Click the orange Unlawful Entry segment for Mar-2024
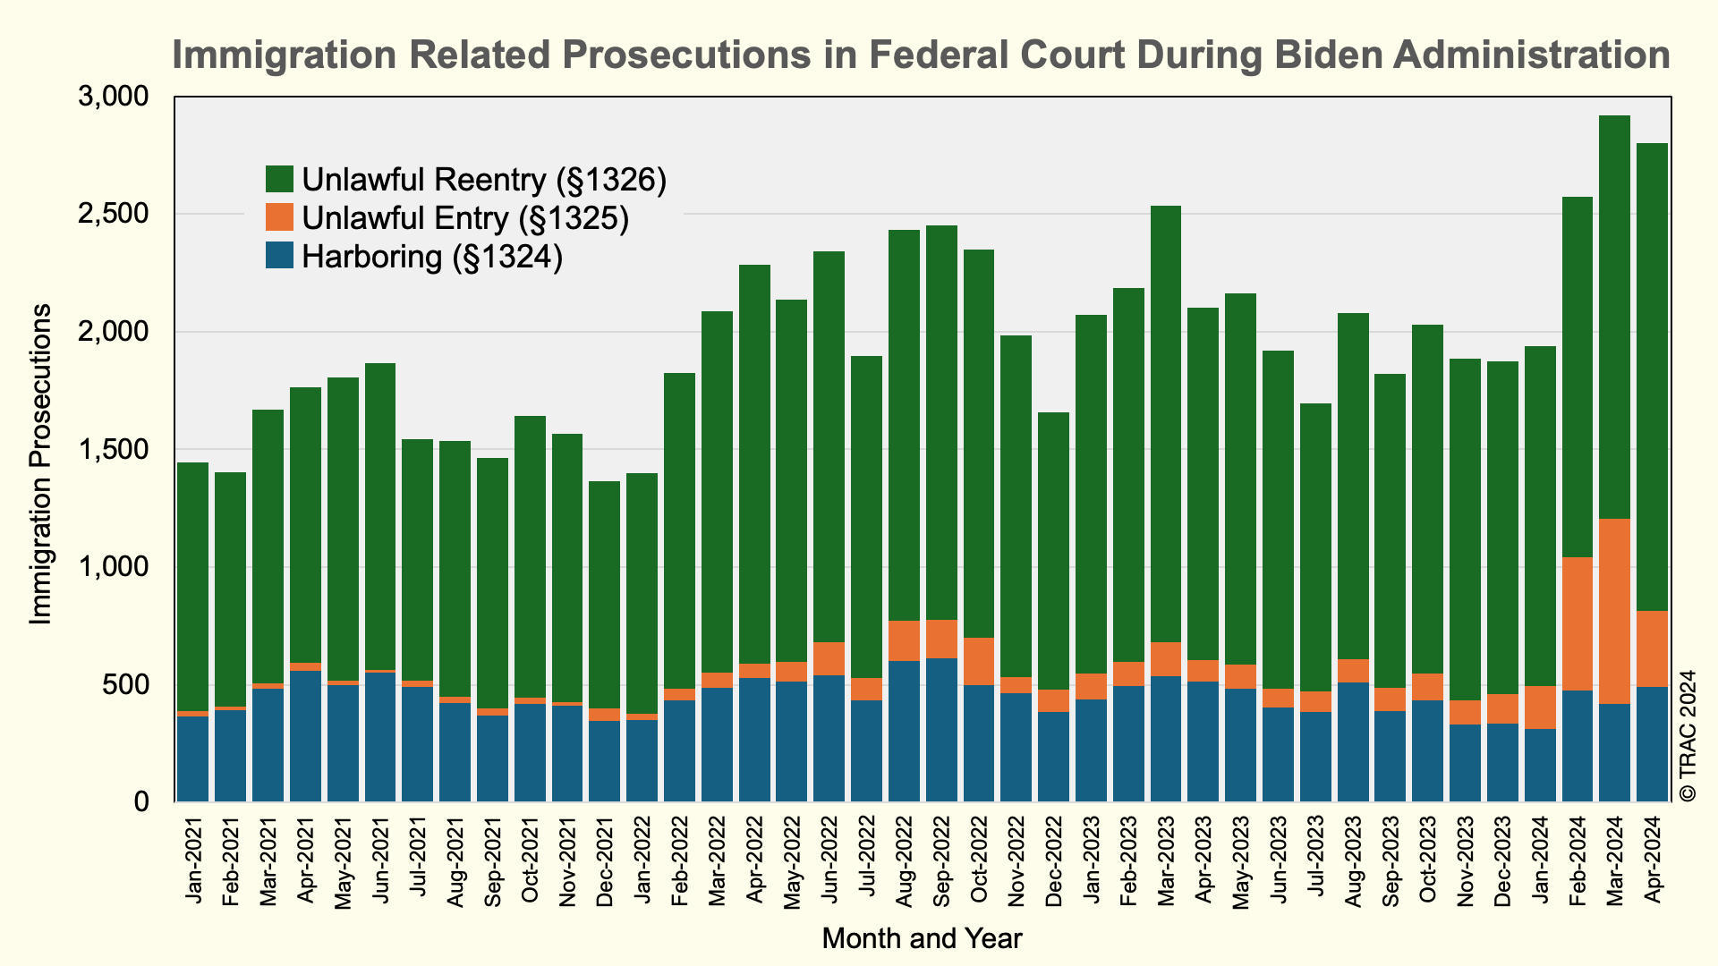(1614, 611)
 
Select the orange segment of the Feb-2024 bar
(1577, 623)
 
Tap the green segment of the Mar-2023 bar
(1166, 424)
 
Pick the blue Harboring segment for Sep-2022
(941, 730)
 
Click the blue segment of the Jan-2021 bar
(192, 758)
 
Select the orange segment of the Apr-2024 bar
(1652, 648)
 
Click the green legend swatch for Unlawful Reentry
(279, 180)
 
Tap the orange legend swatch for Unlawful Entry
(279, 218)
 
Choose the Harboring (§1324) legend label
(432, 258)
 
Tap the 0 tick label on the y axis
(140, 802)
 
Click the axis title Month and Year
(922, 938)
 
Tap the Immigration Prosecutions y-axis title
(41, 464)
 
